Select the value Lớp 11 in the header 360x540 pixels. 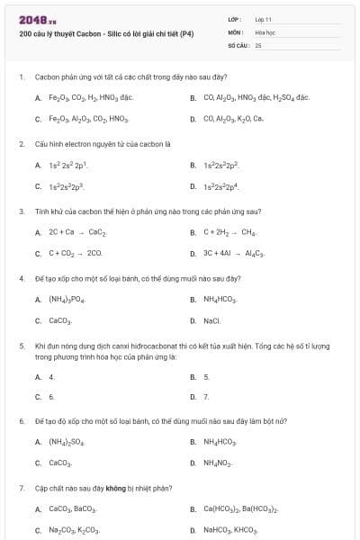tap(263, 19)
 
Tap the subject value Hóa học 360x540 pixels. tap(265, 31)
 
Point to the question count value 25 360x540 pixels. tap(258, 44)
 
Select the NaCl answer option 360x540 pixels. tap(211, 320)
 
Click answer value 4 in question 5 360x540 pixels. tap(51, 377)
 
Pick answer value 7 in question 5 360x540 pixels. tap(206, 396)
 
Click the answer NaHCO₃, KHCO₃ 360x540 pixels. tap(230, 531)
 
